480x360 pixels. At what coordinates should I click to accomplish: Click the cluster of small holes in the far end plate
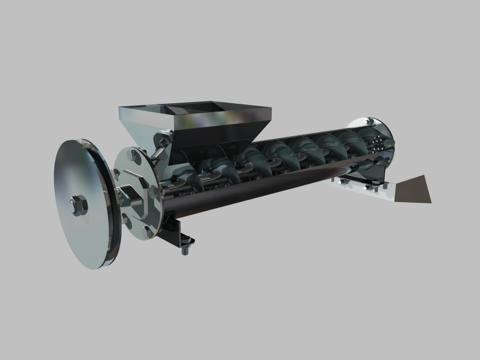[x=379, y=145]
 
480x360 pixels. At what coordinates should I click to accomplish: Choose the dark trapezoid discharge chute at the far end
[x=412, y=190]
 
